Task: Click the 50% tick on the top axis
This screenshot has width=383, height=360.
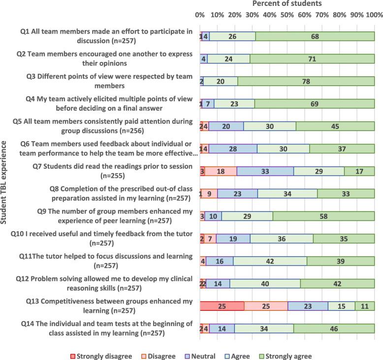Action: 287,15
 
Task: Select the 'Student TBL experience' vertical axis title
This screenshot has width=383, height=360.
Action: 5,183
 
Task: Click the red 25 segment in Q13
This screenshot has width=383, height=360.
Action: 222,306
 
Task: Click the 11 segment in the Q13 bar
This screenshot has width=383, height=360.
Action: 364,306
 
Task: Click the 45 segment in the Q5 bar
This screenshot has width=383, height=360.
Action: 335,126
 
